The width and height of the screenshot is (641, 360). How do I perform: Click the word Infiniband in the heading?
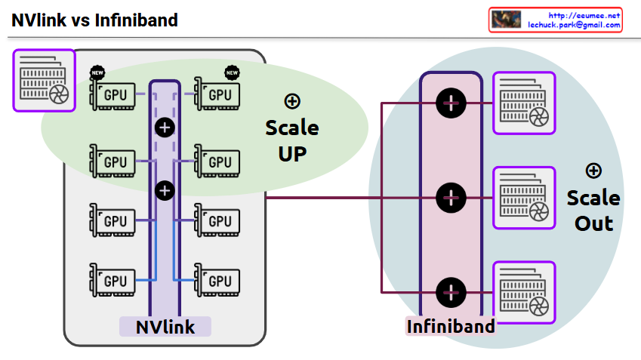[136, 20]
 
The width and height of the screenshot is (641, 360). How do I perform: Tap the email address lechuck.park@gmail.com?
[574, 25]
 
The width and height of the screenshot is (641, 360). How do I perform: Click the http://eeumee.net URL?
[584, 15]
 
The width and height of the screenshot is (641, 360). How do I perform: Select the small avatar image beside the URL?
[506, 20]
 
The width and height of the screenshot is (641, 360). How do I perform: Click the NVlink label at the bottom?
[165, 327]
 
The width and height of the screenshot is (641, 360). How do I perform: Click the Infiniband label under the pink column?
[451, 327]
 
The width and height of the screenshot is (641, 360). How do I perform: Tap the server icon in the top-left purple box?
[45, 80]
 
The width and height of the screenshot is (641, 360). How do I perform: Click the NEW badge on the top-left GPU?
[97, 73]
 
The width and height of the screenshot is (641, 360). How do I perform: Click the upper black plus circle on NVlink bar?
[165, 127]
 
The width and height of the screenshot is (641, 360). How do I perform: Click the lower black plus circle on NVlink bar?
[165, 189]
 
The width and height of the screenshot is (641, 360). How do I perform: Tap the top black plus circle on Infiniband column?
[451, 103]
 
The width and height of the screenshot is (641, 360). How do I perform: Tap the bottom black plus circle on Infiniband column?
[451, 292]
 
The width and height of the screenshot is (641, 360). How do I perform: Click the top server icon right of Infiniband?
[524, 103]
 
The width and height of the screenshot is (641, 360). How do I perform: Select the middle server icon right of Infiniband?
[524, 198]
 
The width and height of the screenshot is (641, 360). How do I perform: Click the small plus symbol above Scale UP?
[291, 100]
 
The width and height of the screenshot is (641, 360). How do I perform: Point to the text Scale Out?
[593, 211]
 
